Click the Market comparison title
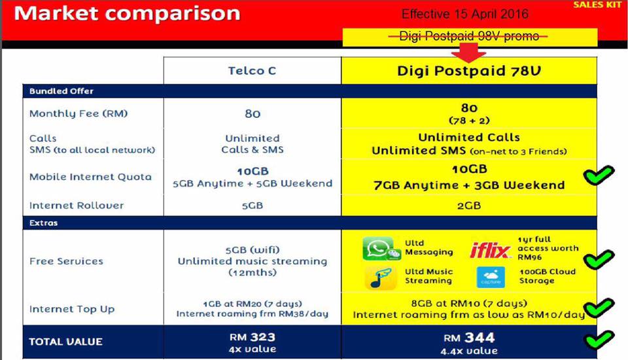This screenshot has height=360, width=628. [x=127, y=14]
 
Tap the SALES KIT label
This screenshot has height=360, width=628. [x=598, y=5]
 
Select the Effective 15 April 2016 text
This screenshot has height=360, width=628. [x=464, y=14]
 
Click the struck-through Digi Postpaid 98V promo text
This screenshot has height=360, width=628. [x=468, y=37]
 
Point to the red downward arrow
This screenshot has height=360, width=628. [x=468, y=52]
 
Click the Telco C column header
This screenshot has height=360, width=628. [x=252, y=71]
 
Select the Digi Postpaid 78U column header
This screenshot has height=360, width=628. [x=469, y=71]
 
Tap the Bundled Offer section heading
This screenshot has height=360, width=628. [x=61, y=91]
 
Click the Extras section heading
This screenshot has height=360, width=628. [x=43, y=223]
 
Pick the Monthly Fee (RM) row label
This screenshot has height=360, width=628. [x=78, y=114]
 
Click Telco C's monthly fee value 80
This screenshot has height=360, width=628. [x=253, y=114]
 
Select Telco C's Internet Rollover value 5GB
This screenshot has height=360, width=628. [x=253, y=206]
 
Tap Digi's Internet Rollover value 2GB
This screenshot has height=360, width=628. [x=469, y=206]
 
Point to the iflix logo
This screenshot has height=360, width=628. [x=490, y=251]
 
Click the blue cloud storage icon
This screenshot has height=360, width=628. [x=491, y=277]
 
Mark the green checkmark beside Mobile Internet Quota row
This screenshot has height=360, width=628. [x=599, y=175]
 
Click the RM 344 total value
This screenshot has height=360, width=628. [x=469, y=338]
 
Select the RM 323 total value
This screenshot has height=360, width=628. [x=253, y=337]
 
